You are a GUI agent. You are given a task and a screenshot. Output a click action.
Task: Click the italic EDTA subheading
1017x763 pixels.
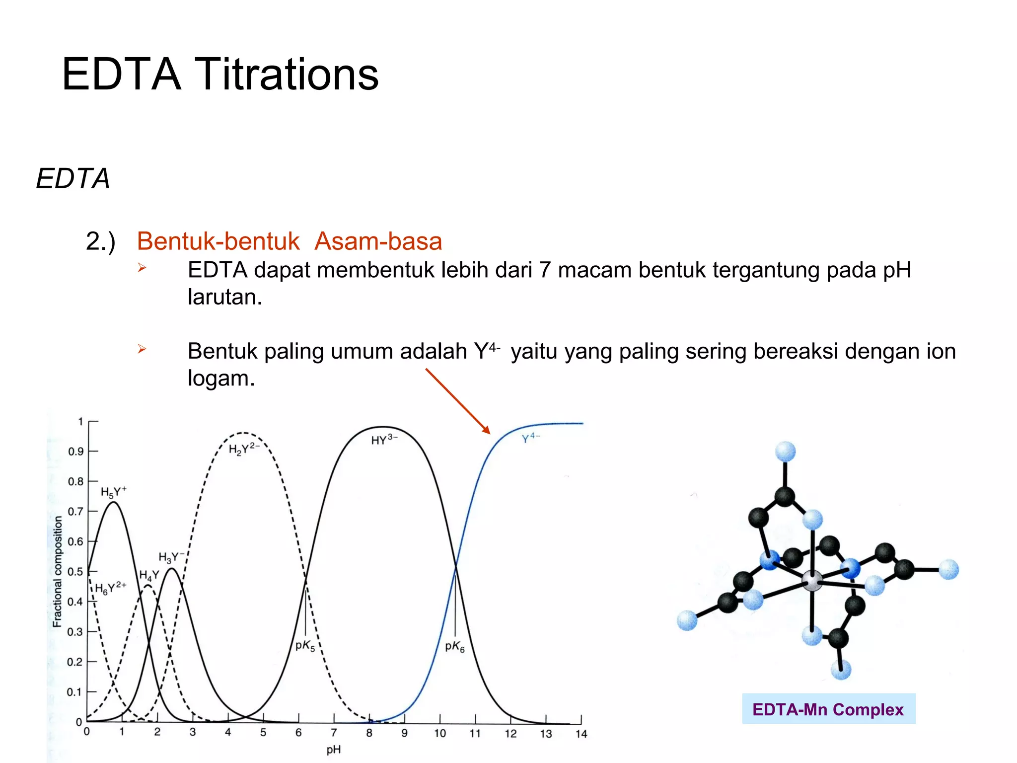[x=73, y=179]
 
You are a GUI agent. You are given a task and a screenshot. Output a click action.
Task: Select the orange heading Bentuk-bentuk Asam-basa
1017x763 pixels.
[x=289, y=241]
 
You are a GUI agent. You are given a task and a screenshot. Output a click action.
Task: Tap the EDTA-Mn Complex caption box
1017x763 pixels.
[x=828, y=709]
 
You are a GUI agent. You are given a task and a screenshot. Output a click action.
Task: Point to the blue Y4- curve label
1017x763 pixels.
[x=530, y=438]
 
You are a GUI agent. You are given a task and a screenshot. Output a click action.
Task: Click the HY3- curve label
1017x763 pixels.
[x=384, y=440]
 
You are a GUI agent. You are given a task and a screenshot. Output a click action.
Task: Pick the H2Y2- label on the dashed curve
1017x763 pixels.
[x=244, y=449]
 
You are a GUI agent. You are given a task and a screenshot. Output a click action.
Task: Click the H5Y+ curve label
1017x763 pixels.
[x=113, y=492]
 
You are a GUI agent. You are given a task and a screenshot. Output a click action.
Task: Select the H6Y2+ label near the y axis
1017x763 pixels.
[x=110, y=588]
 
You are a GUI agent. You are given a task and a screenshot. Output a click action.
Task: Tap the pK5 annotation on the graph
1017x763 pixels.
[x=305, y=646]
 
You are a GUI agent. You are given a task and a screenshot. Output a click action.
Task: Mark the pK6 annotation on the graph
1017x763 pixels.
[x=454, y=646]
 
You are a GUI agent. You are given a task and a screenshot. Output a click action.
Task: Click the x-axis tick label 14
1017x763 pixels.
[x=581, y=734]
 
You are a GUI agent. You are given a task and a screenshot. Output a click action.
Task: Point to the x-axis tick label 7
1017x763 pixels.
[x=334, y=733]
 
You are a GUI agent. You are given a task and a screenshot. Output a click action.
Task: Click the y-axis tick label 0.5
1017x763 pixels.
[x=75, y=572]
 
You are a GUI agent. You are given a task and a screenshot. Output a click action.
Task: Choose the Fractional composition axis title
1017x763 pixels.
[x=58, y=571]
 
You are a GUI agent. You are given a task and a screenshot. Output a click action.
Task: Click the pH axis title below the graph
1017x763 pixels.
[x=333, y=750]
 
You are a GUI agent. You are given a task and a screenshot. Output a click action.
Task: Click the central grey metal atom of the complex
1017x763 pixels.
[x=812, y=581]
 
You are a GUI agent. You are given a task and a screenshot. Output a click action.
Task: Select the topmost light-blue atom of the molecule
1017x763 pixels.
[x=785, y=452]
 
